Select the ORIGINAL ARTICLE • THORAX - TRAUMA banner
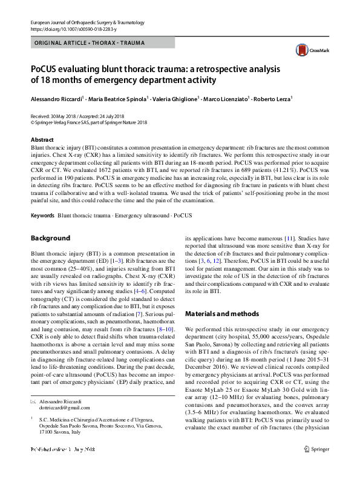tap(85, 44)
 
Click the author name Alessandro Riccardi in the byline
tap(56, 99)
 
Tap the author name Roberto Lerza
tap(273, 99)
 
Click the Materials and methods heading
tap(221, 314)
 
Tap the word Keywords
tap(43, 216)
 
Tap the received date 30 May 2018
tap(65, 116)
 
